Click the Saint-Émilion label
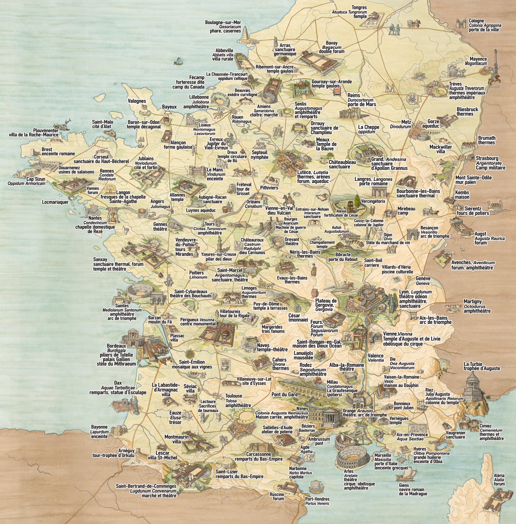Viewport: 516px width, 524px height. tap(196, 362)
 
